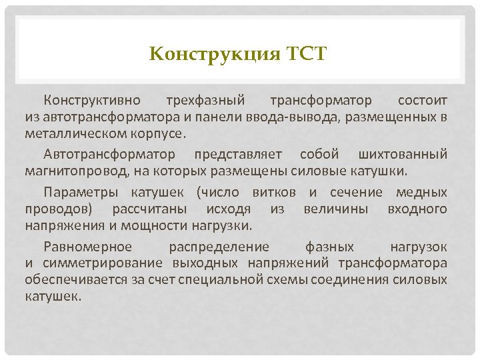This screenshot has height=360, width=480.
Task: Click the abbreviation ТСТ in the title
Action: tap(307, 53)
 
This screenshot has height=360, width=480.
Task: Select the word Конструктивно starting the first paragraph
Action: tap(92, 101)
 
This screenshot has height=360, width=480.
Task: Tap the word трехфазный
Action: tap(205, 101)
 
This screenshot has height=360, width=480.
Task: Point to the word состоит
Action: tap(423, 101)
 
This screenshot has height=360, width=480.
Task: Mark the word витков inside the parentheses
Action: tap(273, 193)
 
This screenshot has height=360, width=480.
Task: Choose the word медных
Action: tap(421, 193)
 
